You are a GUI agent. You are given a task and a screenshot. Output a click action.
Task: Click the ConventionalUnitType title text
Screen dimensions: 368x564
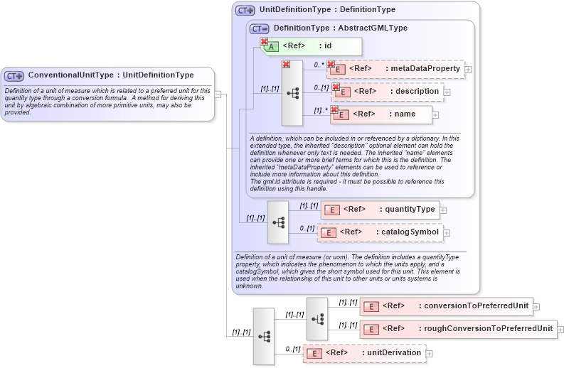point(110,75)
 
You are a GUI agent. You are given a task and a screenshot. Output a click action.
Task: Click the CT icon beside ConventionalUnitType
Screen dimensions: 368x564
point(14,75)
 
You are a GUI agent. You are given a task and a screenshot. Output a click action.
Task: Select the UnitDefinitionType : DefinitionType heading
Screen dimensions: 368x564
point(327,10)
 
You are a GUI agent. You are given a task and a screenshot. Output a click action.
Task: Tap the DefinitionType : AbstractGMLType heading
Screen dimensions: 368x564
point(340,28)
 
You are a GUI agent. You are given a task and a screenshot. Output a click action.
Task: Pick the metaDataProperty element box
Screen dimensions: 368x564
point(395,69)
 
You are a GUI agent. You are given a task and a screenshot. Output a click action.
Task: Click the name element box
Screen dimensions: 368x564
point(382,114)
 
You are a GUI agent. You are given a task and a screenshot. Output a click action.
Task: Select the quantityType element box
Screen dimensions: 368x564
point(380,210)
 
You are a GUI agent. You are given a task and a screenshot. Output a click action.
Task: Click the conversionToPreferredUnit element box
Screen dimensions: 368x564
point(447,306)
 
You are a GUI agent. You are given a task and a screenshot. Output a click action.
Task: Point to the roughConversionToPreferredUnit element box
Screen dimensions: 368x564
point(459,329)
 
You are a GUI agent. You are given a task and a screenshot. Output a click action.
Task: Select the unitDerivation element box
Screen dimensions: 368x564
point(364,353)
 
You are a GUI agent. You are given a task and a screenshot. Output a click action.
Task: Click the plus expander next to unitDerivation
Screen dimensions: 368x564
point(430,353)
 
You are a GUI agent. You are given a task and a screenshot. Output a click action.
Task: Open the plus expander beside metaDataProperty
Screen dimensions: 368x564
point(468,70)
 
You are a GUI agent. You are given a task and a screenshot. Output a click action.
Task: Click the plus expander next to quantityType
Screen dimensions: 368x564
point(443,210)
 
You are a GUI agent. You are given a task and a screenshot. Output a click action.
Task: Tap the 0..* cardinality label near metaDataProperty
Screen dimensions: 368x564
point(319,64)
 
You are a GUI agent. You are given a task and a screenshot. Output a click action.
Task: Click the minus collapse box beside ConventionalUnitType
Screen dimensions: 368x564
point(218,94)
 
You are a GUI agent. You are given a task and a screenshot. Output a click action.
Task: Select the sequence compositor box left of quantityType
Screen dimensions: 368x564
point(278,222)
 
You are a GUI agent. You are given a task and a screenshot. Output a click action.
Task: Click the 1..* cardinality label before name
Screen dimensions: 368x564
point(321,109)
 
